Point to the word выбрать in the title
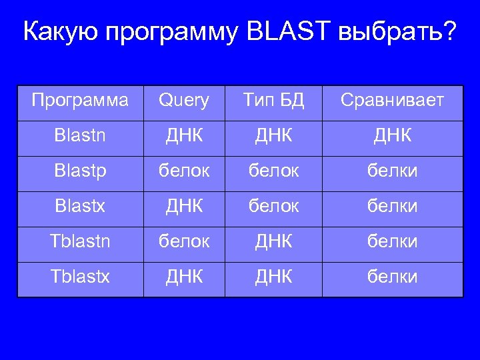[389, 31]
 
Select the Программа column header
[80, 101]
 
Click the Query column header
[183, 101]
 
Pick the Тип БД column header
[273, 101]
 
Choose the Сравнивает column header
[392, 101]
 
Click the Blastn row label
[80, 136]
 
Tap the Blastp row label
[80, 171]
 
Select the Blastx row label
[80, 207]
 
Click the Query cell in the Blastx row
[183, 207]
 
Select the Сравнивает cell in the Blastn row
[392, 136]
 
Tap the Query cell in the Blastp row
[183, 171]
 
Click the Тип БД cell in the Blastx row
[273, 207]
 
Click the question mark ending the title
[450, 31]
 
